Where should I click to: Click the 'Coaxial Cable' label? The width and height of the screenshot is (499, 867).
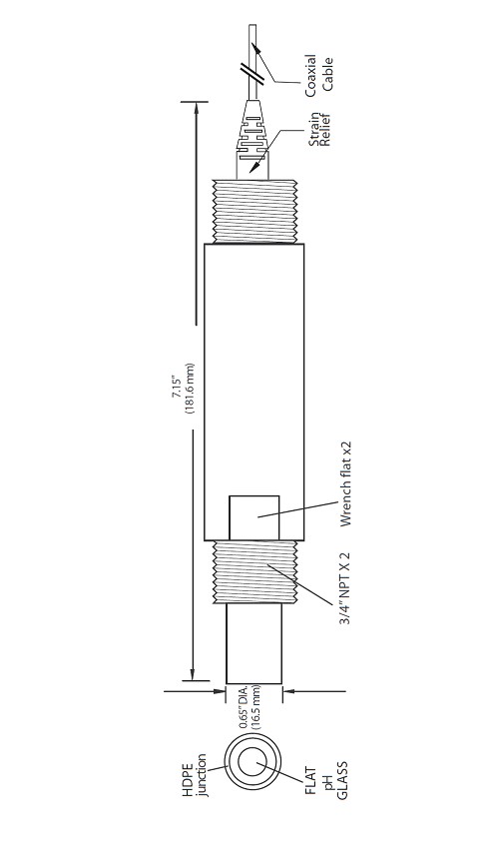tap(319, 74)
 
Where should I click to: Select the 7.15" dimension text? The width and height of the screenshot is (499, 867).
tap(177, 392)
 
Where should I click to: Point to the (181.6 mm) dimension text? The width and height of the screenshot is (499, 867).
tap(190, 392)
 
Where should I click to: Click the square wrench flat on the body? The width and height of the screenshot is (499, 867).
tap(253, 515)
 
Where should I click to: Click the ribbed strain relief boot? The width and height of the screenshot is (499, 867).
tap(253, 130)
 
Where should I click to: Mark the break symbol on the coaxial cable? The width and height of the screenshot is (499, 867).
tap(253, 73)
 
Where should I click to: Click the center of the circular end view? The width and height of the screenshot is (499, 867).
tap(256, 764)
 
